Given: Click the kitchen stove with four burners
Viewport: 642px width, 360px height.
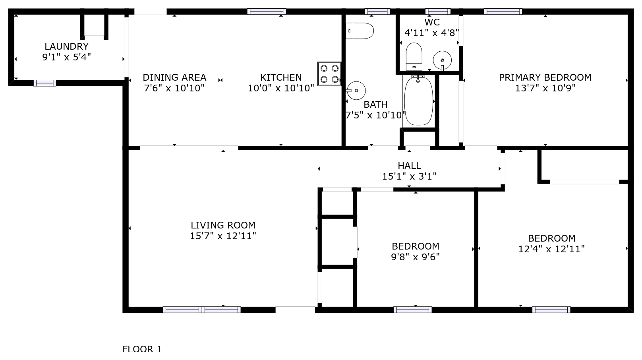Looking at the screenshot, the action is [x=329, y=74].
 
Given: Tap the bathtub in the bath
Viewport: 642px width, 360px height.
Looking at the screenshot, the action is [x=418, y=101].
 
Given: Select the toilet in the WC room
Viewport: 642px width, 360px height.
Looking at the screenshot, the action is [x=414, y=56].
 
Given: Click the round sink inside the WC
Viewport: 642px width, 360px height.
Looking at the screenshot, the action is [x=442, y=60].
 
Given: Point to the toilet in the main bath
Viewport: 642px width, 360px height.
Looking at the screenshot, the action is [x=360, y=31].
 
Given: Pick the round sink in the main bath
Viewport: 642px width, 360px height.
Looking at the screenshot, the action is [x=356, y=91].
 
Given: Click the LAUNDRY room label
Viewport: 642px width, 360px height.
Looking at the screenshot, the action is [x=66, y=46].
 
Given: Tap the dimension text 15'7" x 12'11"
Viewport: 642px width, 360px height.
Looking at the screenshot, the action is [x=223, y=236].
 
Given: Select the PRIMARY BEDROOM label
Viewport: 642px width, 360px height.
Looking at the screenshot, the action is [x=545, y=77].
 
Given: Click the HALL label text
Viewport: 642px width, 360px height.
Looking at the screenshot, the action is [x=409, y=165].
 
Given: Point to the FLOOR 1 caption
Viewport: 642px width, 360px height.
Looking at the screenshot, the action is [x=142, y=349].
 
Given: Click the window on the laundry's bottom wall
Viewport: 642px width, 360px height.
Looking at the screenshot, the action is [x=45, y=83].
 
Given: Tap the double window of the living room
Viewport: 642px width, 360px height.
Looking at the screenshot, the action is [x=202, y=310].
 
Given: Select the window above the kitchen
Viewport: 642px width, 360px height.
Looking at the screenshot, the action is [x=267, y=12].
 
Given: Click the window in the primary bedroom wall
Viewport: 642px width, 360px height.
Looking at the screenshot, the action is [x=503, y=12].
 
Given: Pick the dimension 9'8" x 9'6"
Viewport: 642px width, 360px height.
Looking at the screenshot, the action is [x=415, y=257].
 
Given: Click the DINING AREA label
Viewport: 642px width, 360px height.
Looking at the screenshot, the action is [x=174, y=77].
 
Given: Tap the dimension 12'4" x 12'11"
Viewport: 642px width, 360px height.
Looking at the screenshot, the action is [x=551, y=249].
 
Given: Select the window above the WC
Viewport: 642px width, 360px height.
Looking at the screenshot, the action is [x=438, y=12].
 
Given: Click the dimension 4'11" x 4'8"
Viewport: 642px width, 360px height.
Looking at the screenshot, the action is [x=431, y=33].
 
